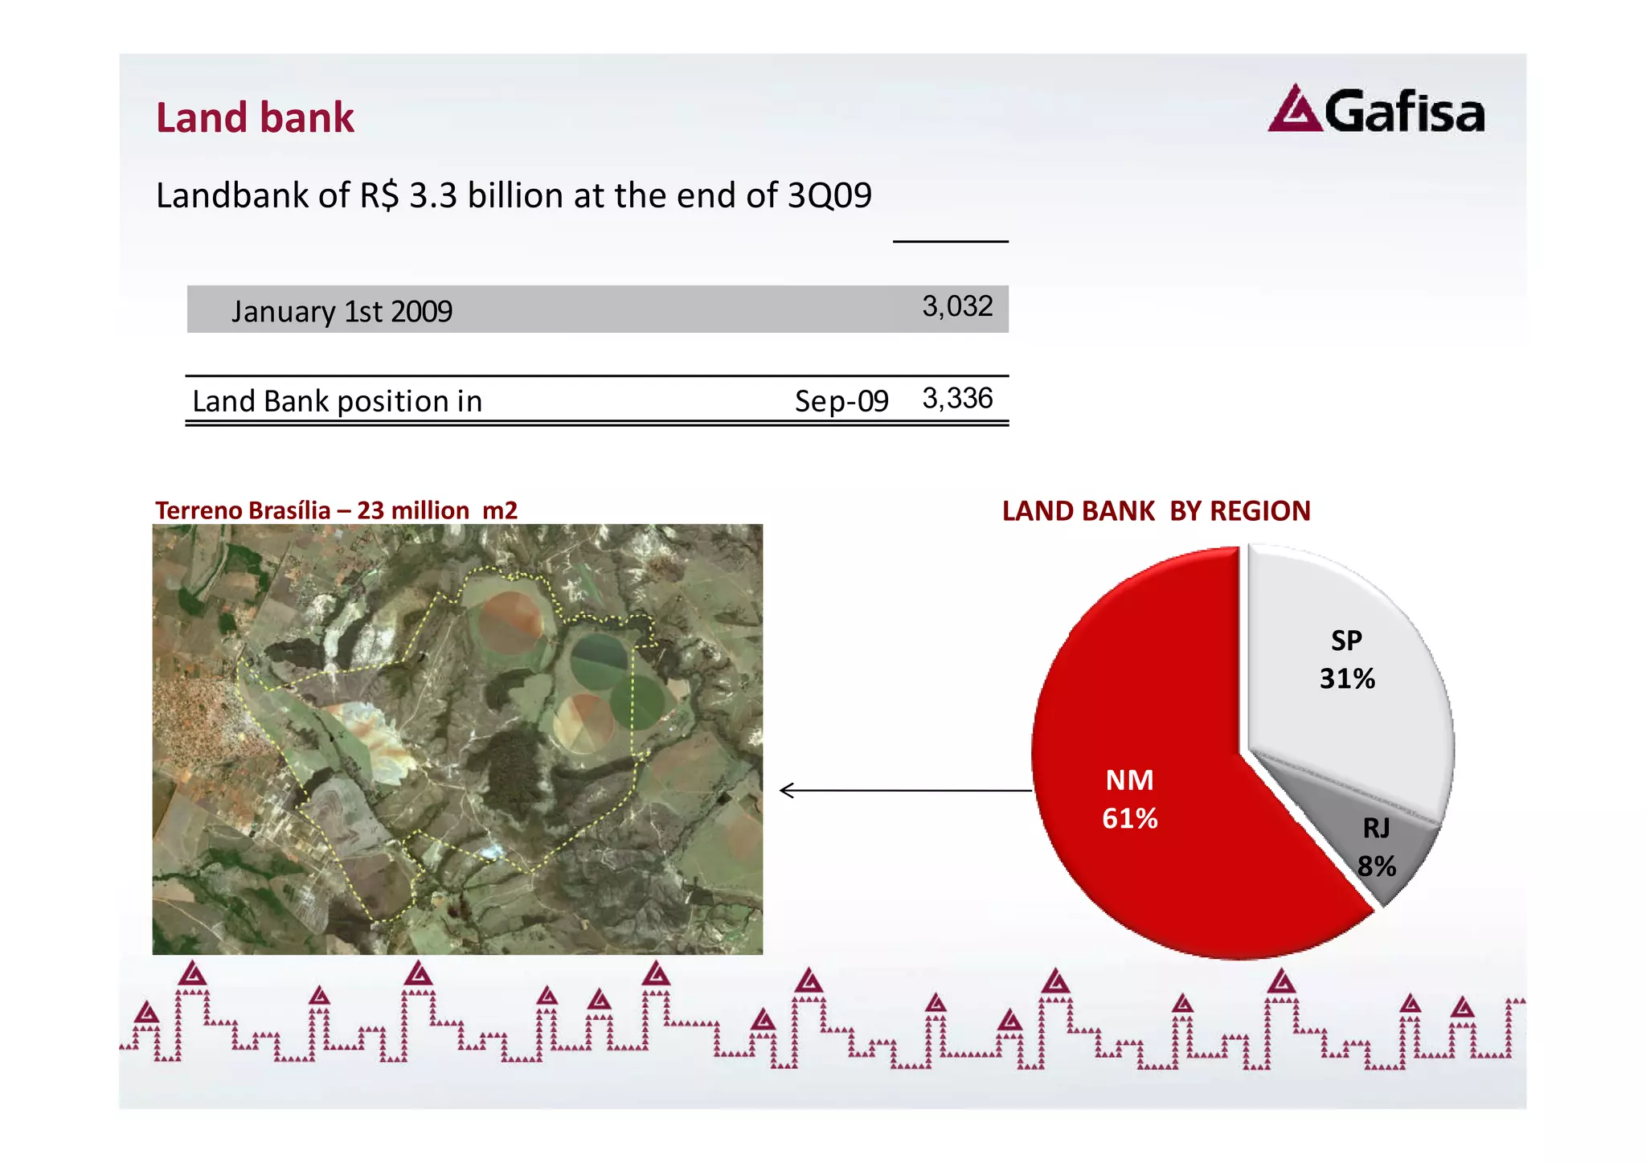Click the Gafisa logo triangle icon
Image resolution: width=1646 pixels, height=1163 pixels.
tap(1295, 110)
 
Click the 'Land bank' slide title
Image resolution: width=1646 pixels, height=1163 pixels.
tap(255, 117)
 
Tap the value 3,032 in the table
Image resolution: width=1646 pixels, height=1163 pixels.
tap(957, 306)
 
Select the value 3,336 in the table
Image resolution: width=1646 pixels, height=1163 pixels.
tap(957, 399)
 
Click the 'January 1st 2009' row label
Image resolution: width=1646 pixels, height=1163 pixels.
tap(342, 311)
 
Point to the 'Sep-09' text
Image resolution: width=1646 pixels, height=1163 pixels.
tap(841, 401)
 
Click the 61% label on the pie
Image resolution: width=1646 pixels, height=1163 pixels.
tap(1129, 819)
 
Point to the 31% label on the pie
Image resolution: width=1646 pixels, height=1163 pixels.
tap(1347, 679)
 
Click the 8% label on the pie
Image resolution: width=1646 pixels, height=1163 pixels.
tap(1377, 866)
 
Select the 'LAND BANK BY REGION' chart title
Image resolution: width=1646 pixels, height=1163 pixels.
tap(1156, 511)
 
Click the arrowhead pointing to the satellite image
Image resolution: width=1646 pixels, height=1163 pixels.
tap(786, 791)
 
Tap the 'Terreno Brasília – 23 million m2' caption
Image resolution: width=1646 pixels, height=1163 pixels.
tap(336, 510)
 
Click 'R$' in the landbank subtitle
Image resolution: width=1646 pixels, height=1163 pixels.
tap(379, 195)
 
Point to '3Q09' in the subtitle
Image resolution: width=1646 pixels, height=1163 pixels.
tap(829, 195)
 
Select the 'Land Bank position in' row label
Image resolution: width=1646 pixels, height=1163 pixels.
tap(337, 401)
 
